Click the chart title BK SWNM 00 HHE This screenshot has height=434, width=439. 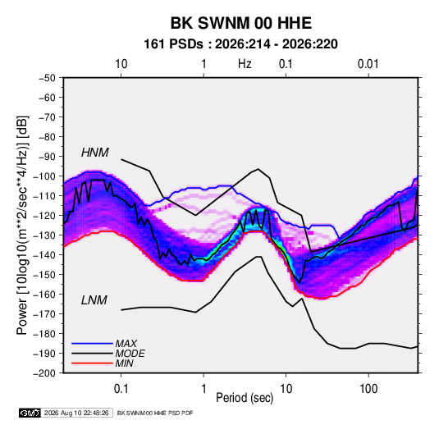tap(240, 23)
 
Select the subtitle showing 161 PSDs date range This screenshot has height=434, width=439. tap(240, 44)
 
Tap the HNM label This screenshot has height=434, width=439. tap(95, 153)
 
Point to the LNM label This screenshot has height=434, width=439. tap(94, 300)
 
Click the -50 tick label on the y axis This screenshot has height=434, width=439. tap(47, 78)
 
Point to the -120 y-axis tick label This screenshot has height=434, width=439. tap(44, 216)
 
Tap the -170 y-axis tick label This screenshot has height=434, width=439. tap(44, 314)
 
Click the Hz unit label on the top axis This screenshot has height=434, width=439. tap(245, 64)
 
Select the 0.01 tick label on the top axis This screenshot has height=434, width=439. tap(368, 64)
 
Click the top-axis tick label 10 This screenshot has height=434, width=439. tap(121, 64)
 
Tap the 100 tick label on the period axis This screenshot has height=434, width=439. tap(368, 389)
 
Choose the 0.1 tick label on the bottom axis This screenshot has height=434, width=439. tap(121, 389)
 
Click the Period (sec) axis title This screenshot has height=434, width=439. tap(245, 398)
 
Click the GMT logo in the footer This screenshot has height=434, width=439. tap(30, 413)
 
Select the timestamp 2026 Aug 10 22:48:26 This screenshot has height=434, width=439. tap(76, 413)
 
